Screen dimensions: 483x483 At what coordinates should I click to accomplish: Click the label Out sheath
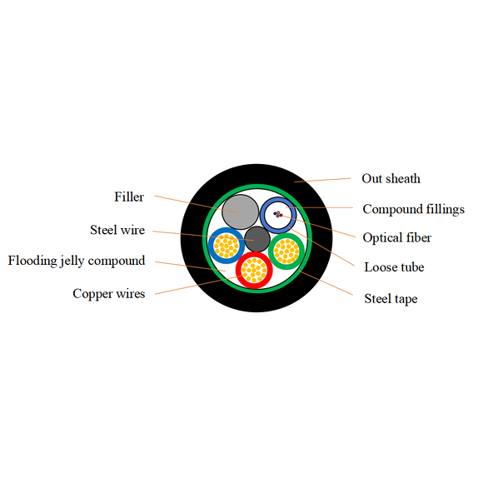(x=391, y=179)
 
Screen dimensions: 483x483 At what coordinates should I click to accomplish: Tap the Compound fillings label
(x=413, y=209)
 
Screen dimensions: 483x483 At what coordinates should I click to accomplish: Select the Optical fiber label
(x=396, y=238)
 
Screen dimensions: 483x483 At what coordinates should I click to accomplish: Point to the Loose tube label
(x=394, y=267)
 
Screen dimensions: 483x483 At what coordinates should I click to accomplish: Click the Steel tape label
(x=391, y=298)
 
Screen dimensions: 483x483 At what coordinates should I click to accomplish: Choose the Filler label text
(x=129, y=197)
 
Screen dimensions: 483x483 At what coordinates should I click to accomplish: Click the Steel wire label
(x=117, y=230)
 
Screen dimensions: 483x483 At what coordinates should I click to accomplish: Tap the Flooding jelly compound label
(x=77, y=261)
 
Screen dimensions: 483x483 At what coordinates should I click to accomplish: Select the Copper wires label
(x=108, y=293)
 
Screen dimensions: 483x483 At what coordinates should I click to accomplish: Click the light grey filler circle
(x=239, y=211)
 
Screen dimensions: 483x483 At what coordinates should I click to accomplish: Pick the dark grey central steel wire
(x=257, y=240)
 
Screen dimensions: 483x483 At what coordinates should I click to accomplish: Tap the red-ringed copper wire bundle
(x=254, y=270)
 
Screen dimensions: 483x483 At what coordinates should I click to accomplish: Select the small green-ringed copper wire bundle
(x=286, y=250)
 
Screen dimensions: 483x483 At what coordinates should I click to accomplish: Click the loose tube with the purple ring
(x=278, y=215)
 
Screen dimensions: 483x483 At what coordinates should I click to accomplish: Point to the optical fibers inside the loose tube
(x=278, y=215)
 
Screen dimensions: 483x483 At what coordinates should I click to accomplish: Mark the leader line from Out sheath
(x=325, y=180)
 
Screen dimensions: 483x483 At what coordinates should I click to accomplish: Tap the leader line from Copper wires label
(x=187, y=287)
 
